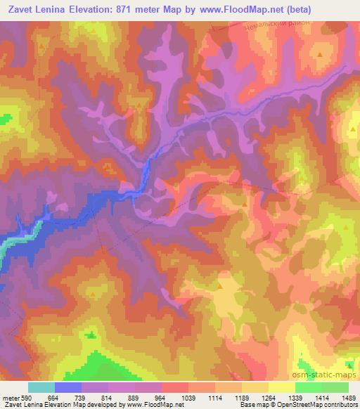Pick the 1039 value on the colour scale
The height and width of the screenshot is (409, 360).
tap(188, 397)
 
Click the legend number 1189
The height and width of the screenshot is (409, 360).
tap(242, 397)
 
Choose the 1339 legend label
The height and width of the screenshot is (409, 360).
tap(295, 397)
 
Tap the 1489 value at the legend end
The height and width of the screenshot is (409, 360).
tap(348, 397)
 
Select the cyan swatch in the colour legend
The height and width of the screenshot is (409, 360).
tap(41, 387)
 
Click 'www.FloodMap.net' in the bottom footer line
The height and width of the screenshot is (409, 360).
tap(154, 405)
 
